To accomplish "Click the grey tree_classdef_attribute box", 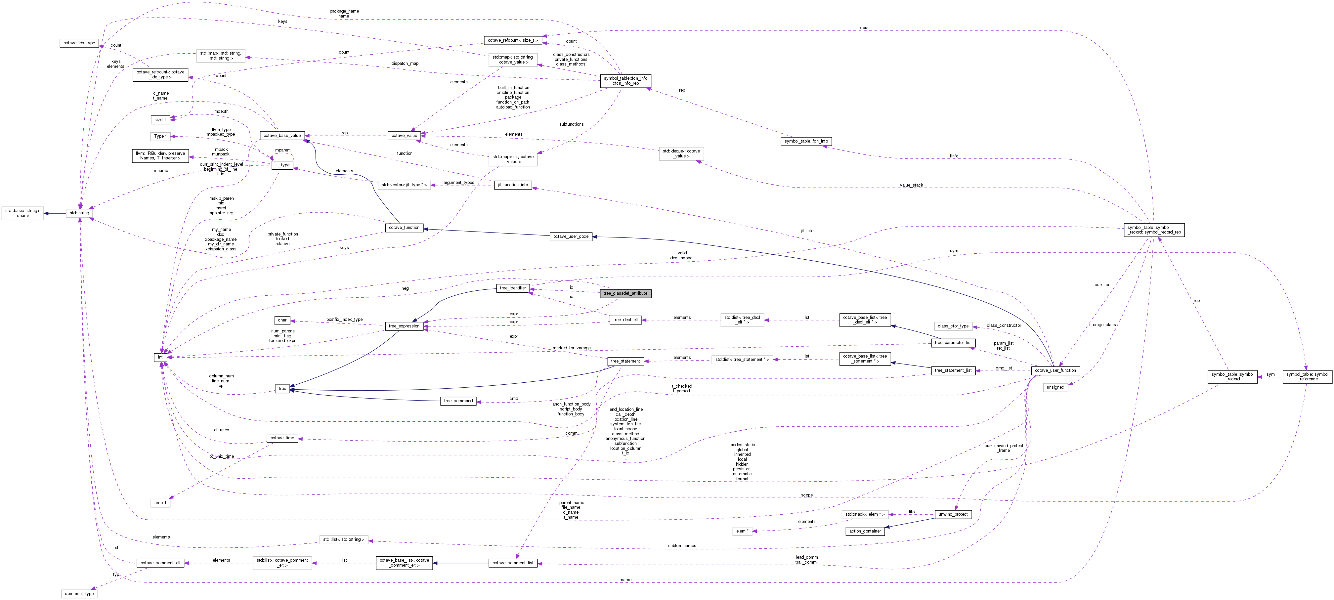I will pos(625,293).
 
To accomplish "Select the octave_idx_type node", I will pos(79,43).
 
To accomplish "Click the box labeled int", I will pos(160,357).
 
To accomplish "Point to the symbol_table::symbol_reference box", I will pos(1308,376).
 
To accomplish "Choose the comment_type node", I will pos(79,594).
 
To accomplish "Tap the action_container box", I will pos(865,531).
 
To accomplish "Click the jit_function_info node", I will pos(513,185).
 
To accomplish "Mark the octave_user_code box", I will pos(571,236).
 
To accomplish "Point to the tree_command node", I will pos(458,401).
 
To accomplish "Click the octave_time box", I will pos(282,438).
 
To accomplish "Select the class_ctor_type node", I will pos(953,326).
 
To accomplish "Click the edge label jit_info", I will pos(806,231).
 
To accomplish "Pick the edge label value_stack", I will pos(911,185).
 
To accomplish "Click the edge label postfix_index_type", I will pos(344,320).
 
